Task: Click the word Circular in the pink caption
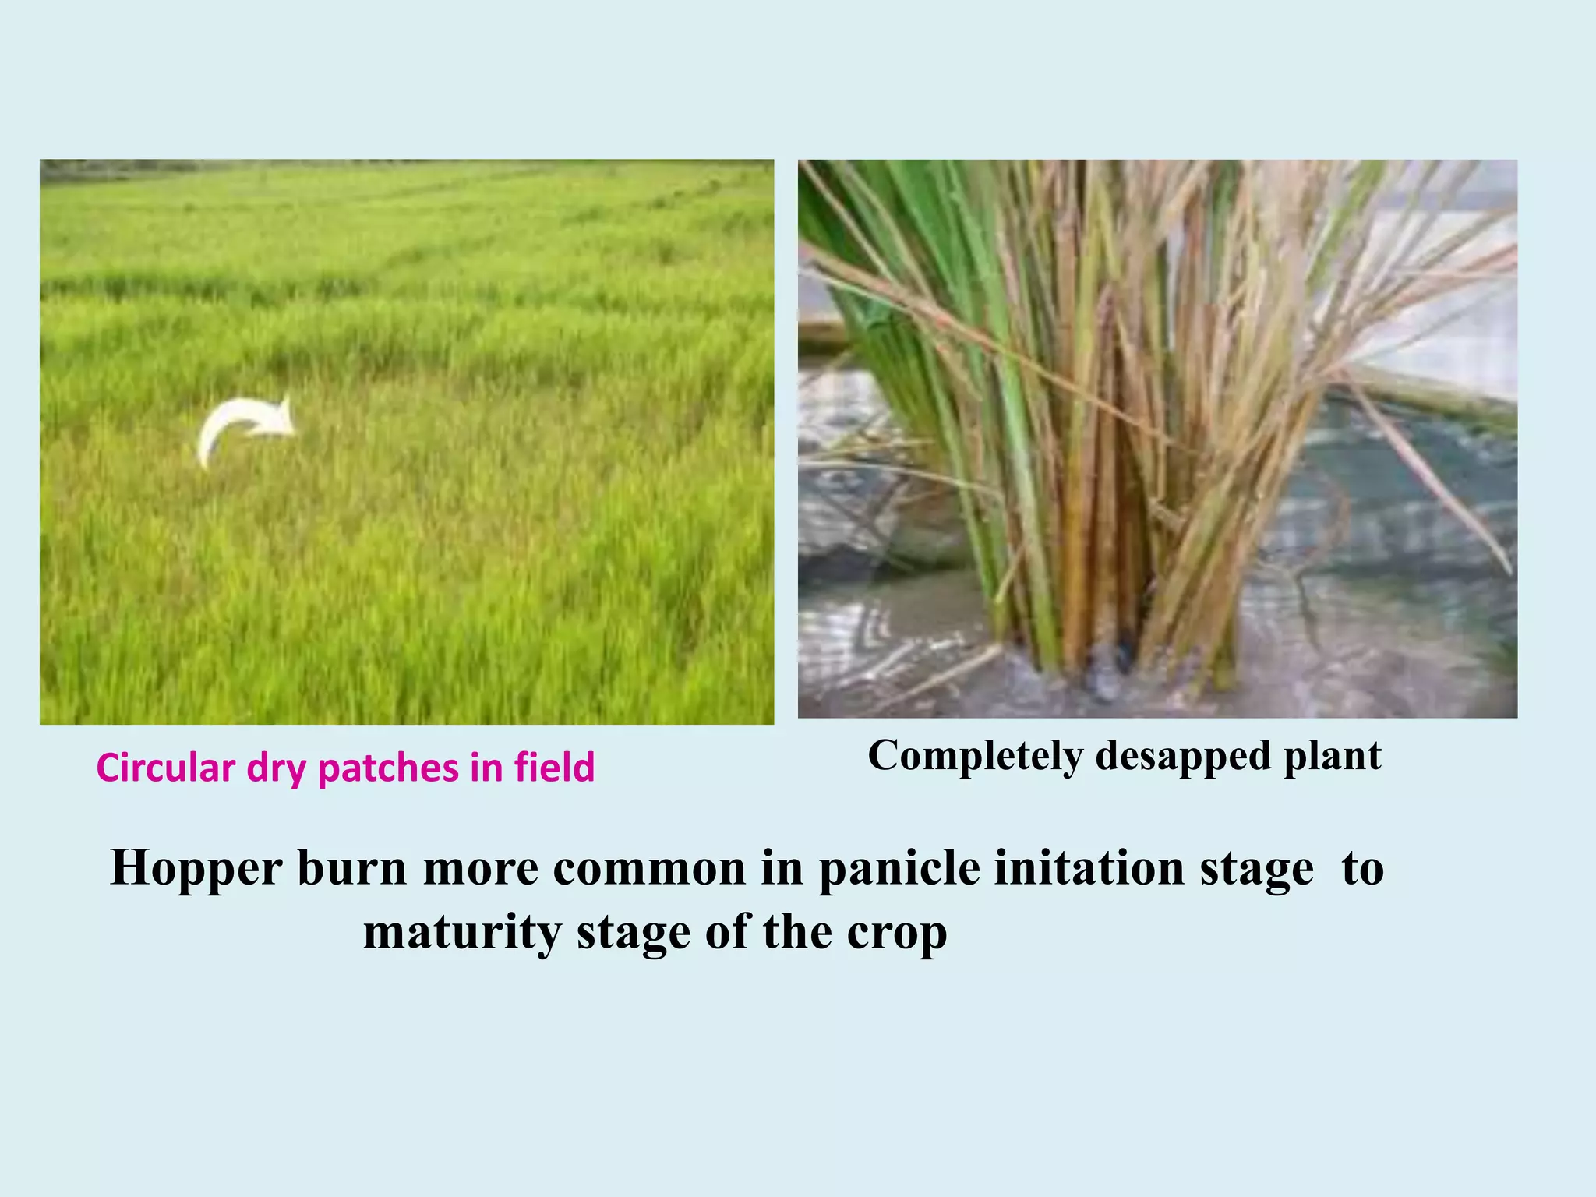[166, 768]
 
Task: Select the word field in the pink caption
[554, 767]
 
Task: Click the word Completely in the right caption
[975, 756]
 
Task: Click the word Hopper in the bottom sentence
[196, 869]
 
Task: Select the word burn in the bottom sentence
[351, 867]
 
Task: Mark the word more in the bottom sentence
[481, 867]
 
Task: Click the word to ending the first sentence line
[1362, 867]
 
